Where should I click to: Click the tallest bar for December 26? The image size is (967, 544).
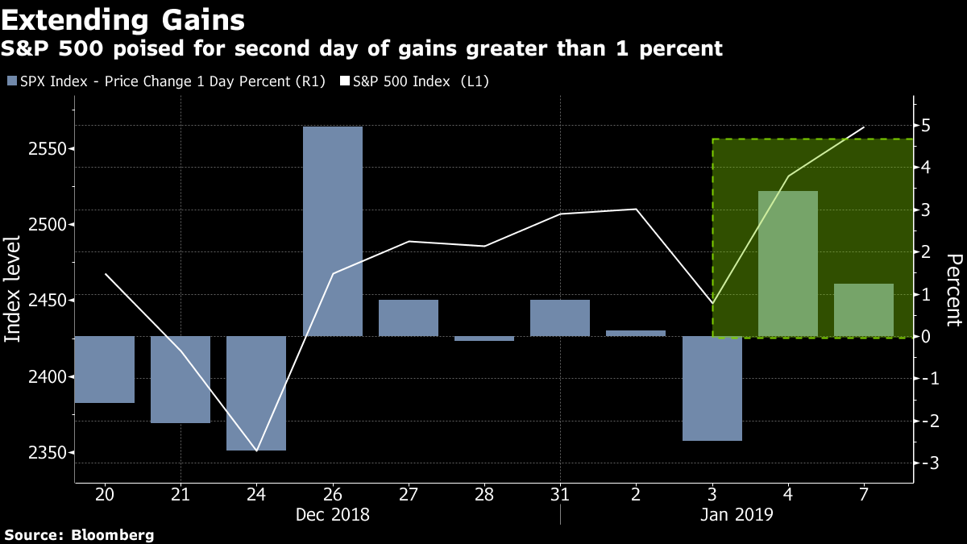(332, 231)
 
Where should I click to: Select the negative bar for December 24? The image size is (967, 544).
(256, 393)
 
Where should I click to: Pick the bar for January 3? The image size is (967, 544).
(712, 388)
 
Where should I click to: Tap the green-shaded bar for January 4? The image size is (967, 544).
(788, 264)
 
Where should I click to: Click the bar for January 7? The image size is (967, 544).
(864, 310)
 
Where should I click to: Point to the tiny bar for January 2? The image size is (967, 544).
(636, 334)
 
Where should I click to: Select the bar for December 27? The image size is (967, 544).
(409, 318)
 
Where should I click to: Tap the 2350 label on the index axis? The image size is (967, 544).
(48, 453)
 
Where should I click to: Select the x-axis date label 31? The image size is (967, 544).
(560, 494)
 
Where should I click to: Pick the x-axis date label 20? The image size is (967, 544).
(105, 494)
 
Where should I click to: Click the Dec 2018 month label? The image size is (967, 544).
(332, 515)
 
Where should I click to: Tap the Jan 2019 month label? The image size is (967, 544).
(737, 515)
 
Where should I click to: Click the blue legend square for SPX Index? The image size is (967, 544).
(12, 81)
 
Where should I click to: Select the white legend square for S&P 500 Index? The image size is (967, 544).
(345, 81)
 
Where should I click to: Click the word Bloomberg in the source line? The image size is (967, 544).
(112, 535)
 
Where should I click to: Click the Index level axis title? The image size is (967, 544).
(12, 289)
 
